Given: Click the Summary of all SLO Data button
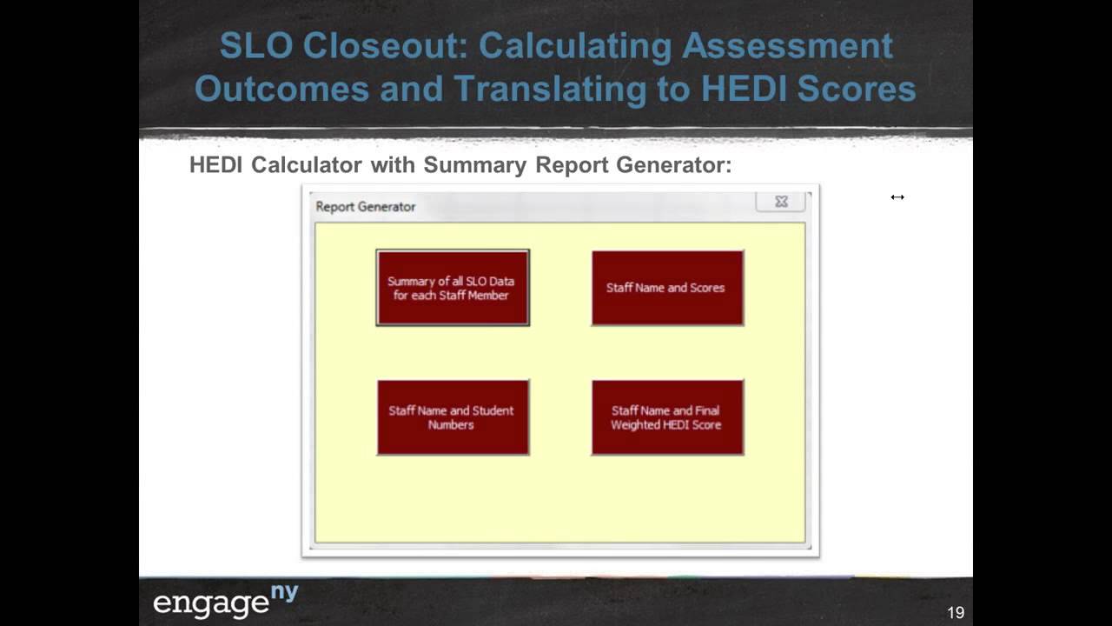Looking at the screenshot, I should pyautogui.click(x=452, y=288).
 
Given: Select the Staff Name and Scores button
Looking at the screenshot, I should pyautogui.click(x=667, y=288).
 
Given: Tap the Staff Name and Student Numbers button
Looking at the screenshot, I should pyautogui.click(x=452, y=417).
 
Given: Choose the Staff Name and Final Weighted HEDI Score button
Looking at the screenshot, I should pyautogui.click(x=667, y=417).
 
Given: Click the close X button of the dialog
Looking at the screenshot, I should pyautogui.click(x=781, y=202).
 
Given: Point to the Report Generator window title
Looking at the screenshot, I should pyautogui.click(x=366, y=207).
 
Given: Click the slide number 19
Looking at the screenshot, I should pyautogui.click(x=956, y=613).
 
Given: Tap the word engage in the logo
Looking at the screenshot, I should pyautogui.click(x=211, y=603).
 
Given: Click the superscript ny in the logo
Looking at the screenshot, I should pyautogui.click(x=285, y=592).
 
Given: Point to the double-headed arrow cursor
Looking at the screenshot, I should pyautogui.click(x=897, y=197).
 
